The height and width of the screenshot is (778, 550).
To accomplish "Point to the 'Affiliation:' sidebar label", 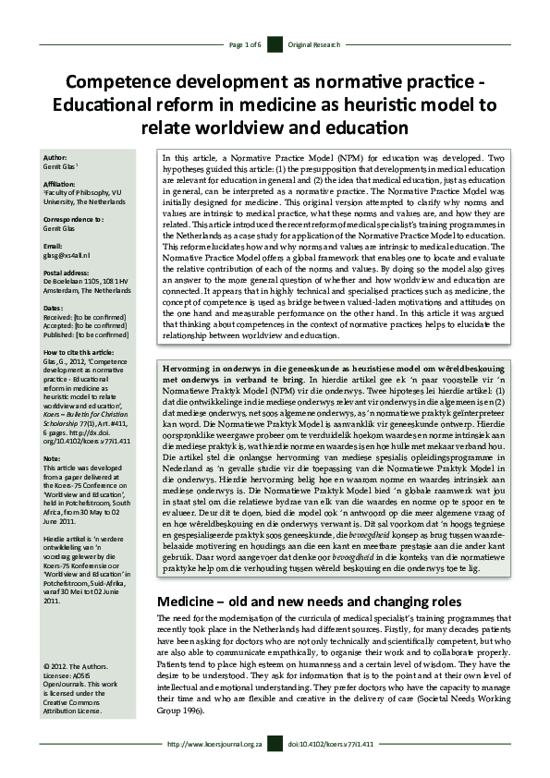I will (x=60, y=184).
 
